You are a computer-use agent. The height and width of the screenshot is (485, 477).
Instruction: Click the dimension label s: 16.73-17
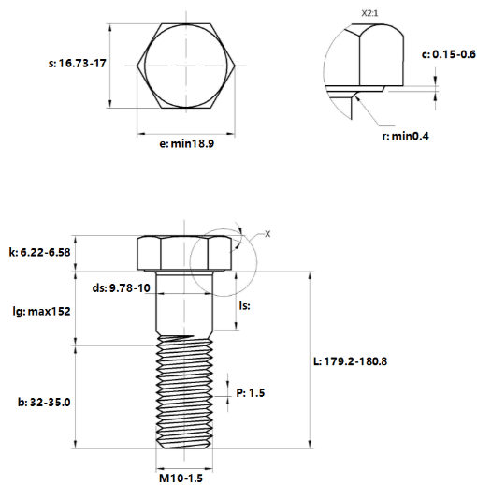click(x=78, y=64)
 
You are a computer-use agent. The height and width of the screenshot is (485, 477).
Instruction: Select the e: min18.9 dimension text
click(x=186, y=144)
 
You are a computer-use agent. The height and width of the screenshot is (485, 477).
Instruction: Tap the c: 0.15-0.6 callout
click(x=449, y=54)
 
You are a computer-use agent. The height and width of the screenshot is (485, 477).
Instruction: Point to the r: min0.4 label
click(x=405, y=137)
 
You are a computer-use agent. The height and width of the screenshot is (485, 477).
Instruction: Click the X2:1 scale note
click(x=369, y=13)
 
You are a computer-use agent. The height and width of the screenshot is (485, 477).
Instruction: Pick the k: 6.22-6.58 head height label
click(x=39, y=252)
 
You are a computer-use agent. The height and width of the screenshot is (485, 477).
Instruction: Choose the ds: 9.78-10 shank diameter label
click(x=122, y=287)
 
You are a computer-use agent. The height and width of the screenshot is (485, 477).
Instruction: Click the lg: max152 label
click(x=41, y=312)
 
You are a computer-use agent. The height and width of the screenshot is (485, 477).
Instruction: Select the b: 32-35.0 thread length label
click(x=44, y=403)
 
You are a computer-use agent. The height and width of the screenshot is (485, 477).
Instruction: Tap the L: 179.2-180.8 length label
click(x=350, y=361)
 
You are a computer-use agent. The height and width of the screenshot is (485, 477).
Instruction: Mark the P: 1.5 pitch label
click(x=251, y=393)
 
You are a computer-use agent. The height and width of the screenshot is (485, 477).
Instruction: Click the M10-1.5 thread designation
click(x=181, y=478)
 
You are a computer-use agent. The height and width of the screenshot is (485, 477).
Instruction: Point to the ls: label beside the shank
click(x=244, y=305)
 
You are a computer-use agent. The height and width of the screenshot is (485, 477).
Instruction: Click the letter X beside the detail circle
click(x=267, y=234)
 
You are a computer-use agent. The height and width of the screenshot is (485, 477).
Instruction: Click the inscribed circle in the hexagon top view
click(x=145, y=66)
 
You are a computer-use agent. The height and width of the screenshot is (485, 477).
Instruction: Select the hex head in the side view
click(x=184, y=253)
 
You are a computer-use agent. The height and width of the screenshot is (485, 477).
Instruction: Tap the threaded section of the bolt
click(x=184, y=392)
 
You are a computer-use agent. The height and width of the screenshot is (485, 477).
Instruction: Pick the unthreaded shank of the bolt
click(x=184, y=302)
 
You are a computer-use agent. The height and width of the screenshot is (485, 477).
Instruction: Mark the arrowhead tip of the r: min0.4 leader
click(x=355, y=96)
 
